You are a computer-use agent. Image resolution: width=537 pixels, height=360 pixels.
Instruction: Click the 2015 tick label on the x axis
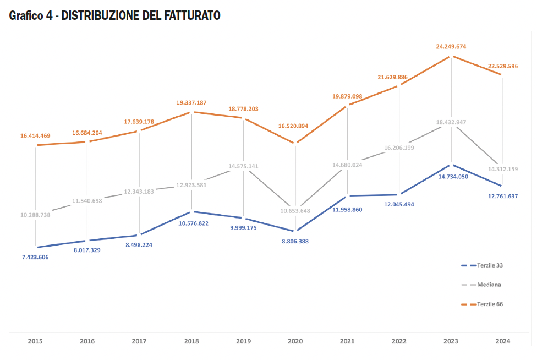coord(35,341)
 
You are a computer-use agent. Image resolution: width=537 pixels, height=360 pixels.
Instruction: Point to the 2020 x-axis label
coord(295,341)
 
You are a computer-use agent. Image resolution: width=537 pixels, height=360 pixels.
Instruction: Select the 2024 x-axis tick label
coord(502,341)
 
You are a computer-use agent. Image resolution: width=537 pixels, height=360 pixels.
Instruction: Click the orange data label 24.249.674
coord(451,47)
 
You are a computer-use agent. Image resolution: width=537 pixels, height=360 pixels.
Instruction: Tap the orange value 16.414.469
coord(36,135)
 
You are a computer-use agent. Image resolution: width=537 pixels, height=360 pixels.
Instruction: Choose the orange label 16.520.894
coord(295,126)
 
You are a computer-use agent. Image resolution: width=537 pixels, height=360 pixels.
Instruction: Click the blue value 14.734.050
coord(453,177)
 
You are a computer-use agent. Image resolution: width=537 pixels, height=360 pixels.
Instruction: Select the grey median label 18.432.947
coord(451,122)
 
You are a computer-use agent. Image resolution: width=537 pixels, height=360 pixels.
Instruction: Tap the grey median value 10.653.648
coord(295,211)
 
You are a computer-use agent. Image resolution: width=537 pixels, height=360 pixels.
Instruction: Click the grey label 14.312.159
coord(502,169)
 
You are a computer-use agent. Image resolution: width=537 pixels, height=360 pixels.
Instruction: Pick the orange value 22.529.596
coord(502,66)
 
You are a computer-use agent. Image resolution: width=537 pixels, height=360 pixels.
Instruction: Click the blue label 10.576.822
coord(193,223)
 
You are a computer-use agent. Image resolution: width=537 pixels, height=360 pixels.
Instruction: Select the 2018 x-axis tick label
coord(191,341)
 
